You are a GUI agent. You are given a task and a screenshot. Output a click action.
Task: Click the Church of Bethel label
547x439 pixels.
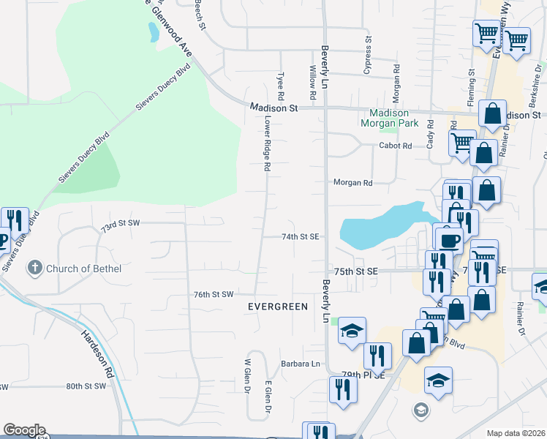tap(83, 269)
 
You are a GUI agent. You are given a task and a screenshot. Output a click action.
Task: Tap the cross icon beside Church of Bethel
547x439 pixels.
tap(34, 269)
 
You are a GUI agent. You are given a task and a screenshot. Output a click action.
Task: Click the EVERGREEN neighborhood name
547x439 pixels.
tap(277, 307)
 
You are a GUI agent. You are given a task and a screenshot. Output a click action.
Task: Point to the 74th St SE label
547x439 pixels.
tap(301, 237)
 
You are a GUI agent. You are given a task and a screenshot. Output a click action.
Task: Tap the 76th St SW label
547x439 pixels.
tap(214, 294)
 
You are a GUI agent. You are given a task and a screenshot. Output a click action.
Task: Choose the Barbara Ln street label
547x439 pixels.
tap(301, 364)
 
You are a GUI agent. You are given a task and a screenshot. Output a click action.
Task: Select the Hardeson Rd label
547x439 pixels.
tap(97, 352)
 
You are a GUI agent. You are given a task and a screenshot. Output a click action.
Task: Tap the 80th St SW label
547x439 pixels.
tap(86, 386)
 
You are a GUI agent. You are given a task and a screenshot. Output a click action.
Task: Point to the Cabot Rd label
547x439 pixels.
tap(396, 146)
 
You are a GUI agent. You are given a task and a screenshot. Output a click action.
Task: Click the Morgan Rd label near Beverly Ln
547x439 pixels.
tap(353, 183)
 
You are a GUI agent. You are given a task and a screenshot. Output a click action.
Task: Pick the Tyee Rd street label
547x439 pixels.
tap(281, 86)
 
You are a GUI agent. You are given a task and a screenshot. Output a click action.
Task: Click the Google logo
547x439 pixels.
tap(24, 430)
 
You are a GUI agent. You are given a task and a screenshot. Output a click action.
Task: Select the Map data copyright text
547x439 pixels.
tap(516, 433)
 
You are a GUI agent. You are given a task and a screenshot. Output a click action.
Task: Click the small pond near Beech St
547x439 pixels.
tap(153, 31)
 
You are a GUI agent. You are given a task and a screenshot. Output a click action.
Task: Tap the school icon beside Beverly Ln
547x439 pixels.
tap(352, 331)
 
